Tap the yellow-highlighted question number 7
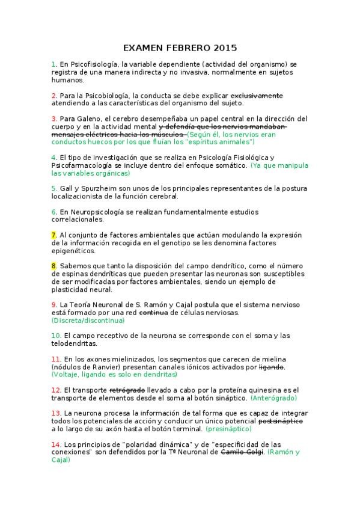pyautogui.click(x=53, y=235)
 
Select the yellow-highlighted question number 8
pyautogui.click(x=53, y=265)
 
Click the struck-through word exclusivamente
pyautogui.click(x=257, y=95)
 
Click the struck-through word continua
pyautogui.click(x=153, y=313)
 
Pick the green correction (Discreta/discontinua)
pyautogui.click(x=88, y=321)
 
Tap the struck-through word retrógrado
pyautogui.click(x=127, y=390)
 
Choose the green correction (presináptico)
pyautogui.click(x=228, y=429)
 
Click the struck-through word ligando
pyautogui.click(x=271, y=367)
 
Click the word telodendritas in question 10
pyautogui.click(x=75, y=343)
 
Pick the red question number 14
pyautogui.click(x=55, y=444)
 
